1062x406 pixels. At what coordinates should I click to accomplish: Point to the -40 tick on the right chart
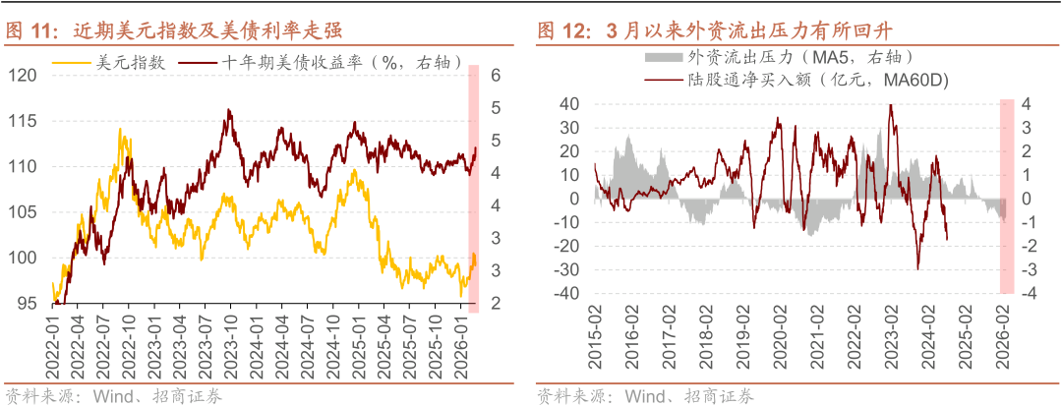(567, 294)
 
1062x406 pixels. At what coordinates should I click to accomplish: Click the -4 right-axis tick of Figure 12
(1024, 294)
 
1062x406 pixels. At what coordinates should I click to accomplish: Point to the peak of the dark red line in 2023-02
(891, 105)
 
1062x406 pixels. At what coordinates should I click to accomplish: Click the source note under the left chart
(114, 396)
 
